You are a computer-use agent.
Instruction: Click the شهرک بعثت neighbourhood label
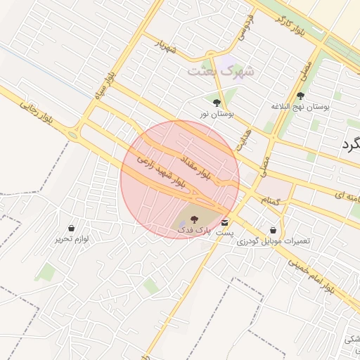[214, 71]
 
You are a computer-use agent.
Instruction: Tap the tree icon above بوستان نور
[216, 103]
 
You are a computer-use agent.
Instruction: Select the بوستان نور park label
[216, 112]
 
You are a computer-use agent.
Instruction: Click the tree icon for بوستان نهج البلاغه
[301, 96]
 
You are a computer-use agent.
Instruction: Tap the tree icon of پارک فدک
[195, 219]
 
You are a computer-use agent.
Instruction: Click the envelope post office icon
[224, 222]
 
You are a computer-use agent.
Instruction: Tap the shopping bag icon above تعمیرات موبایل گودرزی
[273, 230]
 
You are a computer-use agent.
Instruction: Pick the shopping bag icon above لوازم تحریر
[72, 229]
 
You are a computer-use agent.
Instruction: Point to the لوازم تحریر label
[71, 239]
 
